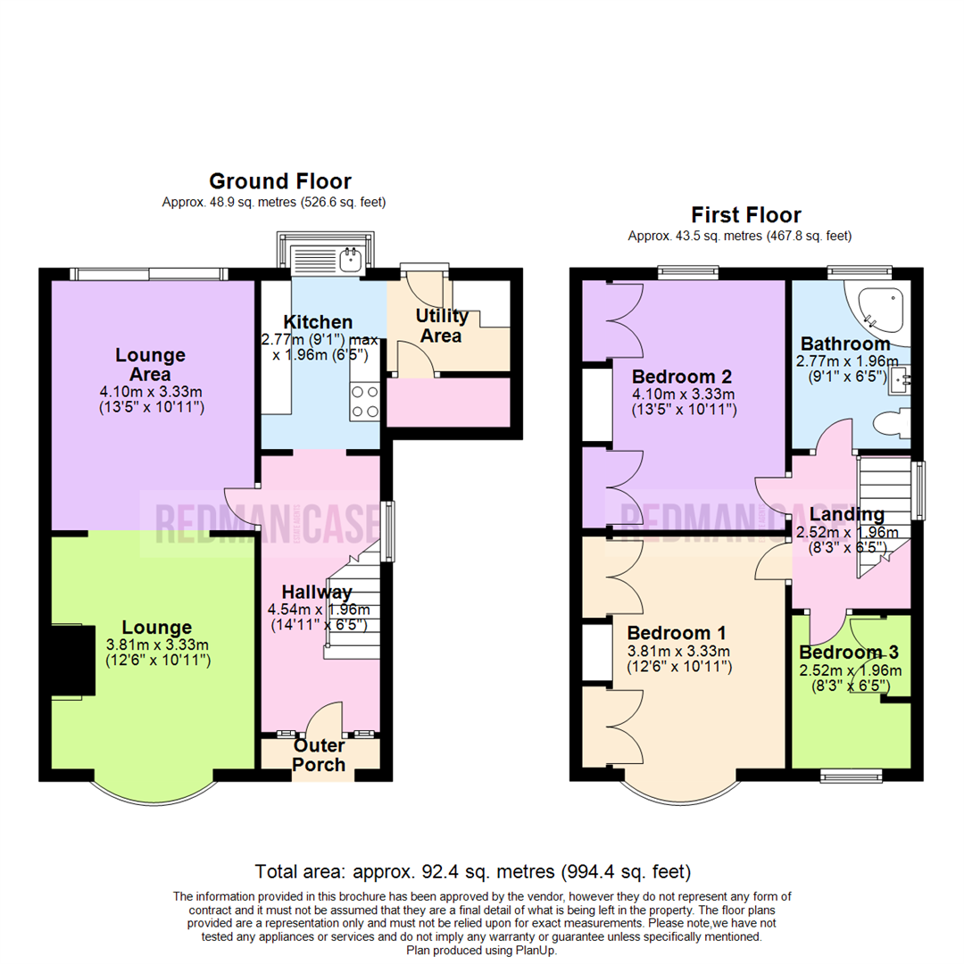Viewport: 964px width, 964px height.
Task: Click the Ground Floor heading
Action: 279,182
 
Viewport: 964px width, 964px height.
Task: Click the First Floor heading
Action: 746,215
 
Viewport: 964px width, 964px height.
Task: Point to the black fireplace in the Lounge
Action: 71,661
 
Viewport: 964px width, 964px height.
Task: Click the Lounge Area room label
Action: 150,364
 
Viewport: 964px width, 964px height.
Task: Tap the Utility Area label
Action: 441,326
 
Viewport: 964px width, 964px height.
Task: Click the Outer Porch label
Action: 320,755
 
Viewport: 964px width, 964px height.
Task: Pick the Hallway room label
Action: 316,592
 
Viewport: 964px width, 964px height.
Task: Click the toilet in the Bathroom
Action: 889,427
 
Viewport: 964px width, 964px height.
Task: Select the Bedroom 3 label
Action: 849,652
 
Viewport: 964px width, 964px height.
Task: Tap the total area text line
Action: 472,870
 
